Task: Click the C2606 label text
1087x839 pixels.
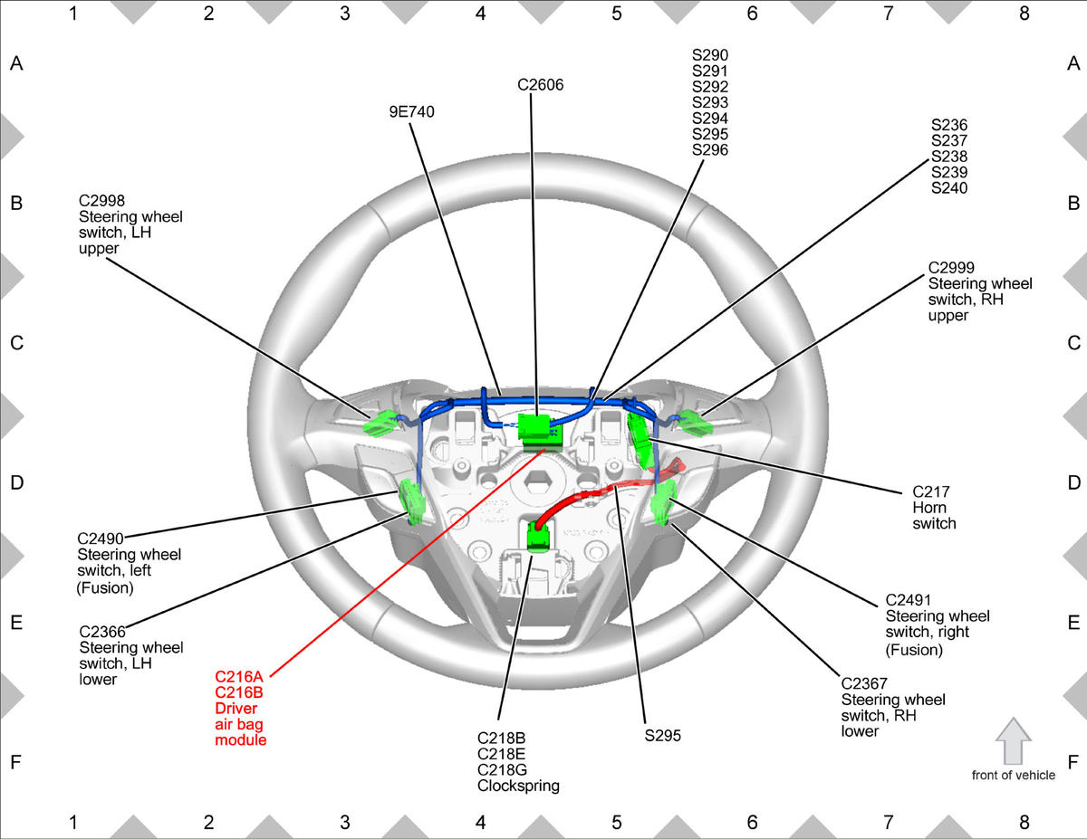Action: [x=540, y=85]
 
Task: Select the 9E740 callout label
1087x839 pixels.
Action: [x=411, y=112]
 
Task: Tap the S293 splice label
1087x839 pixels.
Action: [x=710, y=102]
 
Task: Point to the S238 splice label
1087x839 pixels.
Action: [x=949, y=157]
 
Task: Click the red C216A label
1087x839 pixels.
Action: [x=238, y=677]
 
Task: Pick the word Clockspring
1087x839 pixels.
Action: [x=518, y=786]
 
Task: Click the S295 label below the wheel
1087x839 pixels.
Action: [x=662, y=736]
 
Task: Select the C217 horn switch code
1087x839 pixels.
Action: [x=931, y=491]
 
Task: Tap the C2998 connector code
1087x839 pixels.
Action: [x=101, y=200]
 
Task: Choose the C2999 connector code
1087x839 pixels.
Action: [x=951, y=267]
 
